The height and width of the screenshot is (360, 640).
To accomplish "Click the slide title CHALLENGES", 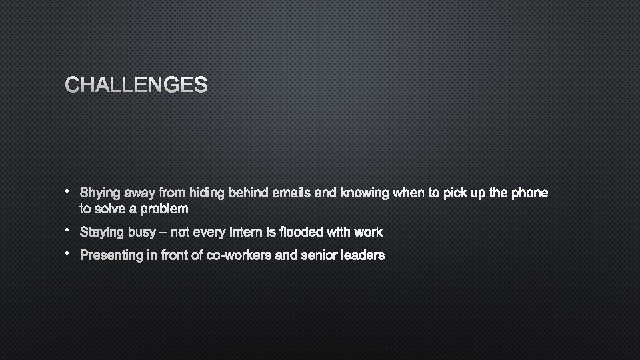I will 136,85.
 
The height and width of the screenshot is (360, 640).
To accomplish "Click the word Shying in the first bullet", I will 100,194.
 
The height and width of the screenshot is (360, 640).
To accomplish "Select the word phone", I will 529,193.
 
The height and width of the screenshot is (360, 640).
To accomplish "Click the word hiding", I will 207,193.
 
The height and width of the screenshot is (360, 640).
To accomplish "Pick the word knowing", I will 365,194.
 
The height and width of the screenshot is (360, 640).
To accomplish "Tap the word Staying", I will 101,233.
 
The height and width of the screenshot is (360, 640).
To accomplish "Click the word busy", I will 141,233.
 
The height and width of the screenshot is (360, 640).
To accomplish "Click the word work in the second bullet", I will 368,232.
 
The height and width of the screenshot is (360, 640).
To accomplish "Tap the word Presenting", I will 111,255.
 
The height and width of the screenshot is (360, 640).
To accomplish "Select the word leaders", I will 364,255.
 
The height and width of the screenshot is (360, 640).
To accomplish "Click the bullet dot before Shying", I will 68,191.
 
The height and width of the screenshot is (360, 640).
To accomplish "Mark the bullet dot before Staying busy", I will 68,229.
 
